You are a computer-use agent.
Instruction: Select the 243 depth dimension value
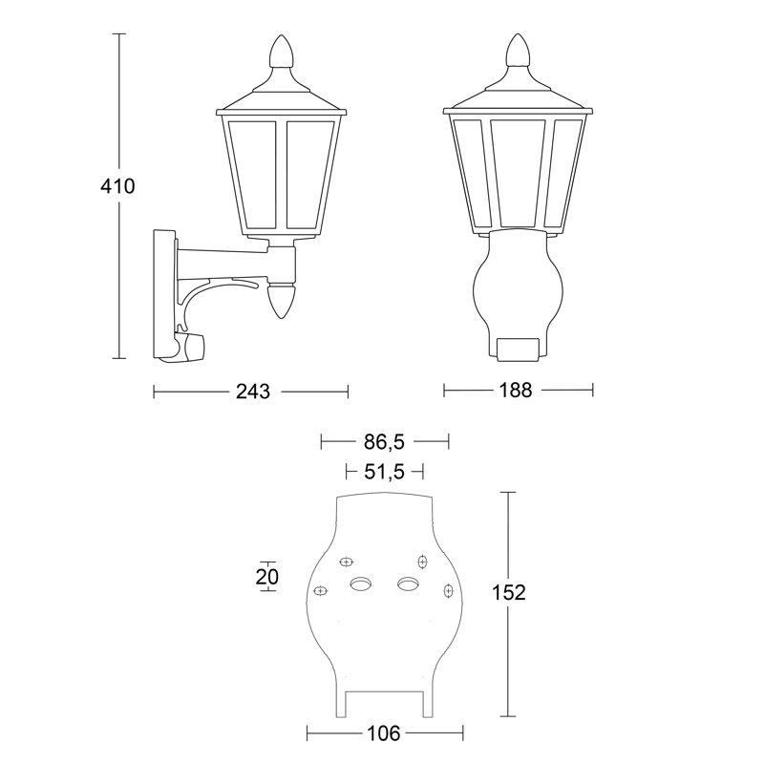[x=251, y=392]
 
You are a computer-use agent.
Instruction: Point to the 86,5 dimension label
[x=385, y=442]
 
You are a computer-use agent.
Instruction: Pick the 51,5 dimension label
[x=385, y=472]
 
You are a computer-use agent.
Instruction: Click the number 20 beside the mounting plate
[x=267, y=576]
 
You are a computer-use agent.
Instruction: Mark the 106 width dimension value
[x=385, y=733]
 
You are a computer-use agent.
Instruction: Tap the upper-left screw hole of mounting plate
[x=348, y=562]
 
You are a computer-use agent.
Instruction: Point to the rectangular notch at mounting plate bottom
[x=385, y=704]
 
